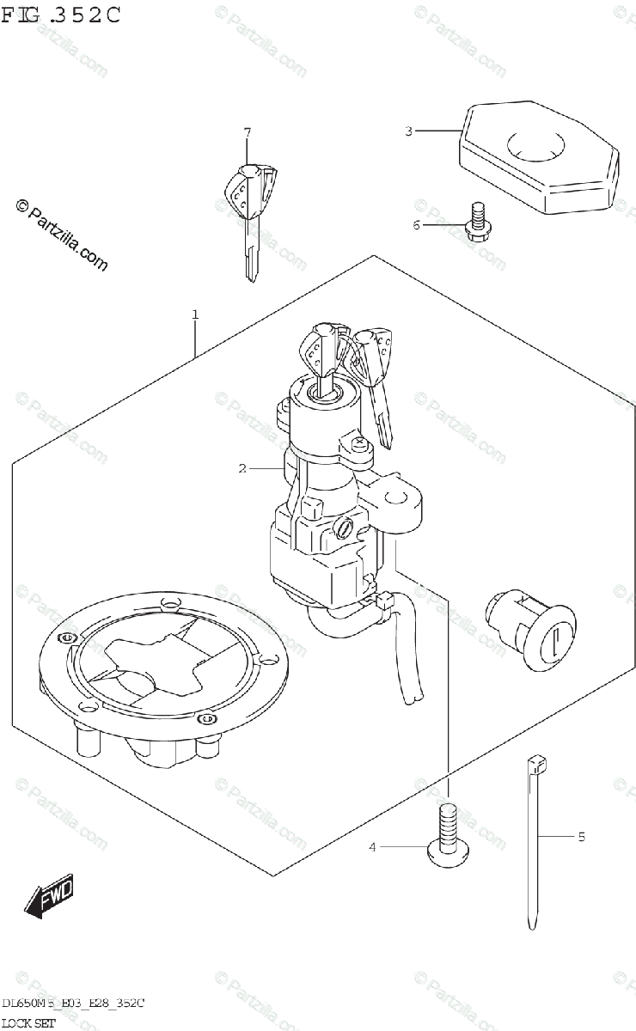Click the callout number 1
coord(195,315)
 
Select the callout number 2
coord(243,468)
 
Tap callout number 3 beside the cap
coord(409,131)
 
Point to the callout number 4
coord(373,847)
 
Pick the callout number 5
coord(581,835)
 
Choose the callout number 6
coord(416,225)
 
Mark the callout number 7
coord(247,132)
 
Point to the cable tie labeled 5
coord(534,842)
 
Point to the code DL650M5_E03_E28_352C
coord(72,1003)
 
